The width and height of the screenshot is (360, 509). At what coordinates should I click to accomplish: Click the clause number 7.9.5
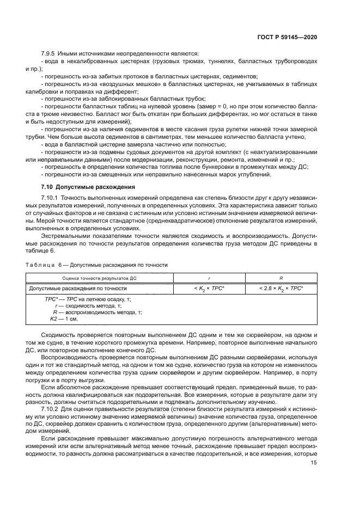pyautogui.click(x=50, y=53)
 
